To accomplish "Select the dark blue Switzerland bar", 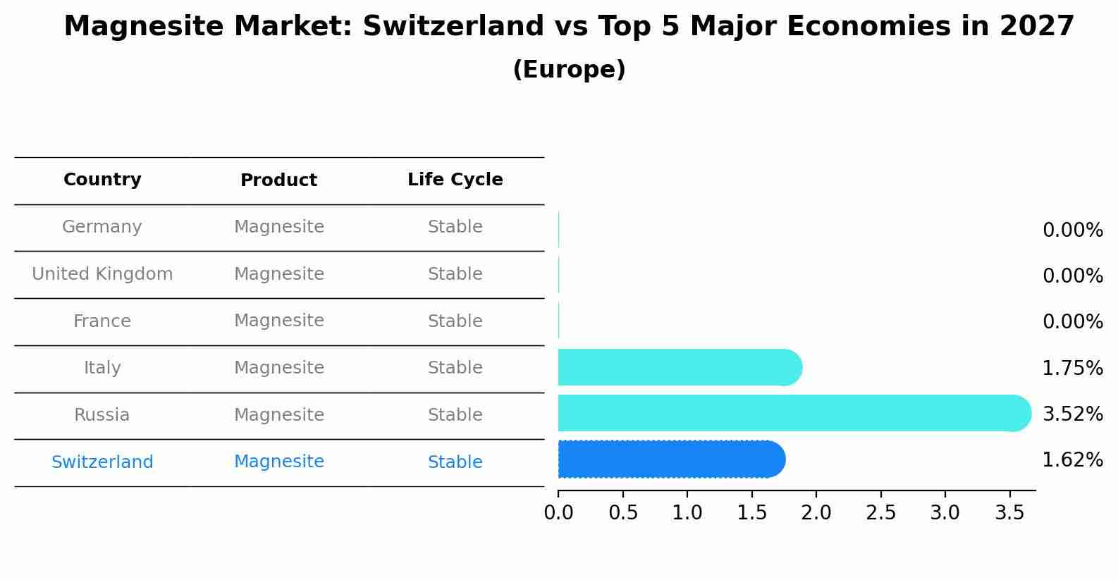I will [670, 459].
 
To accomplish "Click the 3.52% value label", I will [1072, 414].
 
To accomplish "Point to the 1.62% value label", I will [1072, 460].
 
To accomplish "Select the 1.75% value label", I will [1072, 368].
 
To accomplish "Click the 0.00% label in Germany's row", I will [1072, 230].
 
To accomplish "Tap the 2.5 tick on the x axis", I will [880, 513].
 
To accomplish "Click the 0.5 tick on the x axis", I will [623, 513].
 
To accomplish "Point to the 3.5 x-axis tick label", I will [1009, 513].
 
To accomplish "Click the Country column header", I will [102, 180].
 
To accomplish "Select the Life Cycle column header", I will [455, 180].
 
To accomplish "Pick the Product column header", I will [278, 180].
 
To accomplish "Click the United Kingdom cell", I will [102, 274].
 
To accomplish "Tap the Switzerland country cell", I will [102, 462].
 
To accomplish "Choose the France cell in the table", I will [102, 321].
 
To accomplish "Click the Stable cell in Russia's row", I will [455, 415].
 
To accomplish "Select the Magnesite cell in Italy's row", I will [278, 368].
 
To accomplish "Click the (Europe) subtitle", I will [569, 70].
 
